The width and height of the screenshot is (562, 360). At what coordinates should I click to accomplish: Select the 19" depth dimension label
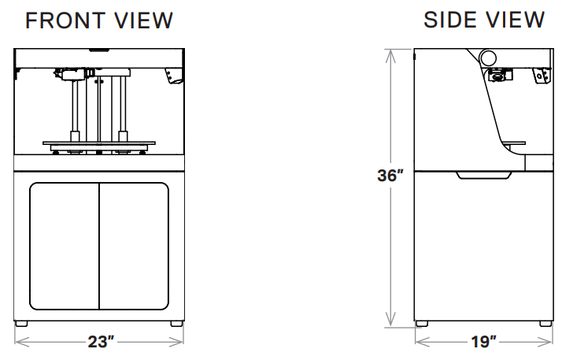coord(483,342)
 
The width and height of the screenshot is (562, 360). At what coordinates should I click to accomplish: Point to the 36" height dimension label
coord(390,176)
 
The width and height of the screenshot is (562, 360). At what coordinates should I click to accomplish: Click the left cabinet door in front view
coord(65,246)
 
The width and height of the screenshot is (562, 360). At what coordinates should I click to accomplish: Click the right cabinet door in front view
coord(134,246)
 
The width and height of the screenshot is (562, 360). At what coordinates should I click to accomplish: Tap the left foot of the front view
coord(21,324)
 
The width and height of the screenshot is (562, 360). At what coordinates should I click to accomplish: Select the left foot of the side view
coord(422,324)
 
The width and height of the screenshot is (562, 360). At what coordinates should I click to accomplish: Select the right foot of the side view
coord(545,324)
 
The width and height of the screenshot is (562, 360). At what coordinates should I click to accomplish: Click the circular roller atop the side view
coord(488,57)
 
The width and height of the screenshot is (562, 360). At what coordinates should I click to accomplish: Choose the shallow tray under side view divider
coord(483,174)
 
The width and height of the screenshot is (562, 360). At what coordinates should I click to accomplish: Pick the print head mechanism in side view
coord(498,76)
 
